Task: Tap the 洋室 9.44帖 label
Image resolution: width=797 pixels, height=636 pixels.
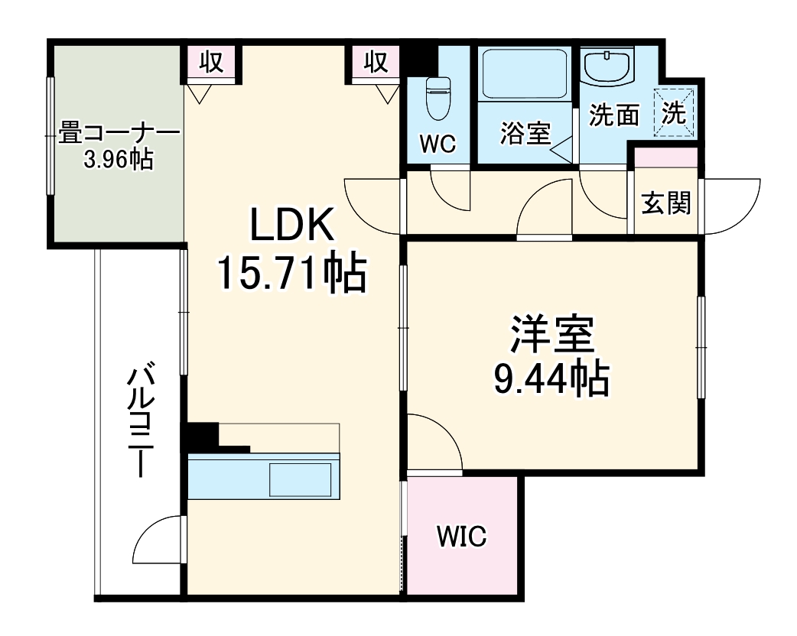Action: (x=551, y=355)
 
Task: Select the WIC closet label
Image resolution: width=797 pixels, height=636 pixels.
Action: (x=461, y=536)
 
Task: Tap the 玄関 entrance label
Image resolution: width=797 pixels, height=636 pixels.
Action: (x=665, y=203)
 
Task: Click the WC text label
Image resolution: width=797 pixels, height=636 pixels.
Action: (x=438, y=143)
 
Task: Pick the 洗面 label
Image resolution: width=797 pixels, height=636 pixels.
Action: (x=613, y=115)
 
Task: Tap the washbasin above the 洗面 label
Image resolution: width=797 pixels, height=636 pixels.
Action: (x=608, y=68)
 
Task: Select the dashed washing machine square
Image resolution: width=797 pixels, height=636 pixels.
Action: (x=675, y=113)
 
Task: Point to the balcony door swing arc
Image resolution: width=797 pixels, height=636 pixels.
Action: (x=158, y=539)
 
